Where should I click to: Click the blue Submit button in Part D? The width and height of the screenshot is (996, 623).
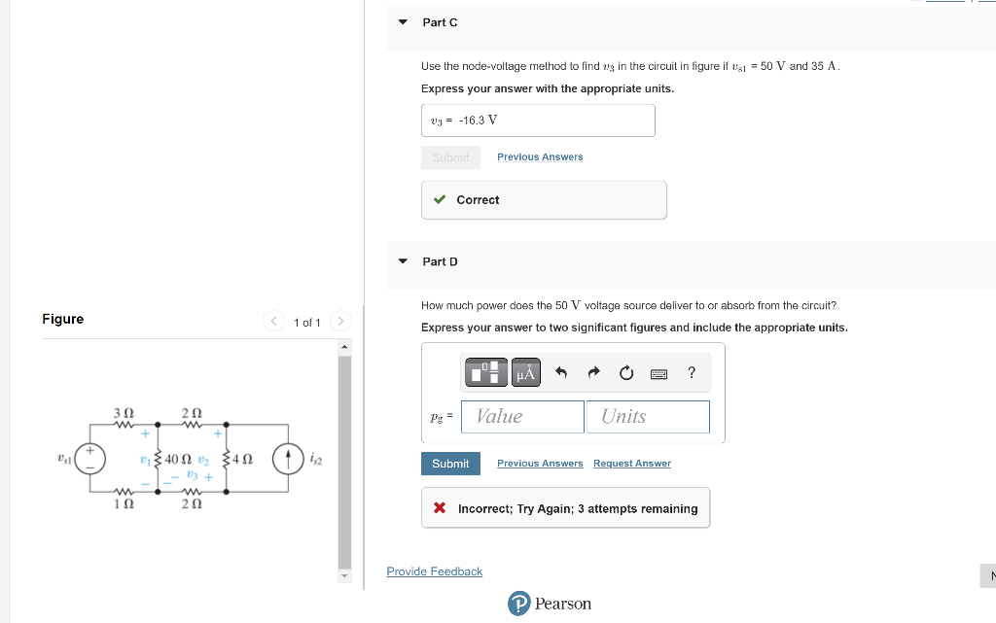pos(450,464)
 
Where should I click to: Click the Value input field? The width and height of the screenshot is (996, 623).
pos(522,416)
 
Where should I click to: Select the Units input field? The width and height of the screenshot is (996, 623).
pos(647,416)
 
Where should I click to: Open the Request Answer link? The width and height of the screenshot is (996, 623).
pos(632,464)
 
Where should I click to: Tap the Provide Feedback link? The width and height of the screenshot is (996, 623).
pos(434,571)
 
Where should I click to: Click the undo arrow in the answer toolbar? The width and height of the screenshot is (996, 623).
pos(561,372)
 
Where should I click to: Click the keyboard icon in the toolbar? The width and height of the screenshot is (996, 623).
pos(658,373)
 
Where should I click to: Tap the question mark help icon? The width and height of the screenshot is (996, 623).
pos(692,372)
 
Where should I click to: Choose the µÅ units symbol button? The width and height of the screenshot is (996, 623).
pos(525,372)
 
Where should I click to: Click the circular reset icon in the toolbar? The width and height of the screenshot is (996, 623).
pos(626,372)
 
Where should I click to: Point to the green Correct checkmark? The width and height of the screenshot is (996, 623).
pos(441,199)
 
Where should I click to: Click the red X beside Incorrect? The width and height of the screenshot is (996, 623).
pos(440,508)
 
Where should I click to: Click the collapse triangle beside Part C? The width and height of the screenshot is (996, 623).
pos(403,21)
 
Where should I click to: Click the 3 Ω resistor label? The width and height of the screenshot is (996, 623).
pos(123,414)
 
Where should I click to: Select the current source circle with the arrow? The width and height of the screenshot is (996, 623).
pos(288,458)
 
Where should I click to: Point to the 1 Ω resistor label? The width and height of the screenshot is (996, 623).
pos(123,503)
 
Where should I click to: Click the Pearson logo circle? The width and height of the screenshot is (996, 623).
pos(519,604)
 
